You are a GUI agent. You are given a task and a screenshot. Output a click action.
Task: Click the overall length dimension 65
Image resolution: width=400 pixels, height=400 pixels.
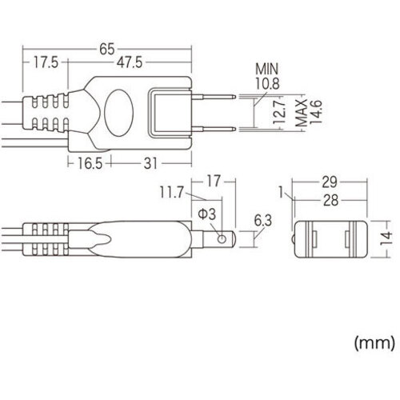click(107, 49)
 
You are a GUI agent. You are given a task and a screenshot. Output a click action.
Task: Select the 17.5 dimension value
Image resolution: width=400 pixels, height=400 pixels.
click(46, 62)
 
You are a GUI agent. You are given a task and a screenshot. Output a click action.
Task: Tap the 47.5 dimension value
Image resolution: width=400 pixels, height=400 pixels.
click(130, 62)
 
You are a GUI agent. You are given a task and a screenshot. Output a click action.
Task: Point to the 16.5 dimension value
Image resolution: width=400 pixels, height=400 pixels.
click(90, 163)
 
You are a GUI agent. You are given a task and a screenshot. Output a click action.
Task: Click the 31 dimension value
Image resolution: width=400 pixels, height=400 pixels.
click(150, 163)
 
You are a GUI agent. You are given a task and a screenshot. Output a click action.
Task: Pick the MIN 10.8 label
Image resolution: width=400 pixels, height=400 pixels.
click(267, 76)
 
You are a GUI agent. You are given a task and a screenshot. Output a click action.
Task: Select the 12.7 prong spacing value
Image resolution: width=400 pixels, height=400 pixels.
click(280, 111)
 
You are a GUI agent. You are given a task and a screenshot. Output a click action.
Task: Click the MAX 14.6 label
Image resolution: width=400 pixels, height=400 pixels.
click(309, 112)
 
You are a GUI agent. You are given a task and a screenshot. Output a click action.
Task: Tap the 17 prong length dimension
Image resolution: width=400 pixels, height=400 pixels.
click(214, 182)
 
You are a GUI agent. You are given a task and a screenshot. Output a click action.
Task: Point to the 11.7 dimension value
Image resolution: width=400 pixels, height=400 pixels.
click(172, 192)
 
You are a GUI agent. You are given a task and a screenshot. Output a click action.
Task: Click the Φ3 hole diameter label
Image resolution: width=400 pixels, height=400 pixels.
click(207, 214)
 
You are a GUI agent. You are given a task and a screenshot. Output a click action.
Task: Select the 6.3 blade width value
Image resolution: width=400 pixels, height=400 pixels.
click(262, 221)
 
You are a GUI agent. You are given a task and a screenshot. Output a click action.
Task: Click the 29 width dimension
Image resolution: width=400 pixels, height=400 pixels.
click(330, 182)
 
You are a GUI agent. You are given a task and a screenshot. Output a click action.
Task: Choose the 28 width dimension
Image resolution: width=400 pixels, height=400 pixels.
click(330, 200)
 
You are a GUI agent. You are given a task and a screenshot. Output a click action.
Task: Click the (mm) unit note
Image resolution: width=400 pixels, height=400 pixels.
click(374, 343)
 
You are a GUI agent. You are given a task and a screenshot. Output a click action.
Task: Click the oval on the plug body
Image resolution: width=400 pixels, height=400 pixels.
click(118, 113)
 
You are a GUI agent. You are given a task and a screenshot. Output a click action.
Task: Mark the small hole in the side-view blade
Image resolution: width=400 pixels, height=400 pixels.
click(222, 239)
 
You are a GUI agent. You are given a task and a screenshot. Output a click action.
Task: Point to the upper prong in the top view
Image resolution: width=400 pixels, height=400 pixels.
click(214, 96)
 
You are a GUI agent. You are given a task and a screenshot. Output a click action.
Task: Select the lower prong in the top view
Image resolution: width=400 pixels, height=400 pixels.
click(214, 129)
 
